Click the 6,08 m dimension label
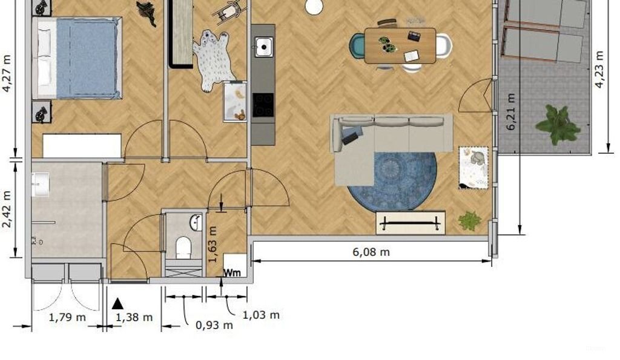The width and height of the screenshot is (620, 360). tap(371, 252)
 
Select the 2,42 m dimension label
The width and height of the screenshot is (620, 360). tap(7, 209)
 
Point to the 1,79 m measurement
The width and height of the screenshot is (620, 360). tap(67, 317)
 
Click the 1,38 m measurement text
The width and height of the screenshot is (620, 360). tap(134, 317)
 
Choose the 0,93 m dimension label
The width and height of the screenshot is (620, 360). tap(214, 325)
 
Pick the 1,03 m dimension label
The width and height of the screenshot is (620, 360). tap(261, 315)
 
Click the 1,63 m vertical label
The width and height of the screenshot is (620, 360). tap(212, 243)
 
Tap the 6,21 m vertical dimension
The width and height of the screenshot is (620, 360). tap(512, 113)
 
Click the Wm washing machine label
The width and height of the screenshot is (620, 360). tap(232, 272)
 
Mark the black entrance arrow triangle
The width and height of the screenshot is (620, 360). tap(118, 304)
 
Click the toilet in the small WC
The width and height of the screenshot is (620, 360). tap(183, 247)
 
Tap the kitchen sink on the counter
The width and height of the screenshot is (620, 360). tap(263, 47)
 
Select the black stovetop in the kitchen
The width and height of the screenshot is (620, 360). tap(263, 105)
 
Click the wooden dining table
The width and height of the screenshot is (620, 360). tap(400, 45)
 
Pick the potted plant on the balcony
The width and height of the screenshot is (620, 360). tap(558, 124)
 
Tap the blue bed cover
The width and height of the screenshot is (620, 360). tap(86, 57)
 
